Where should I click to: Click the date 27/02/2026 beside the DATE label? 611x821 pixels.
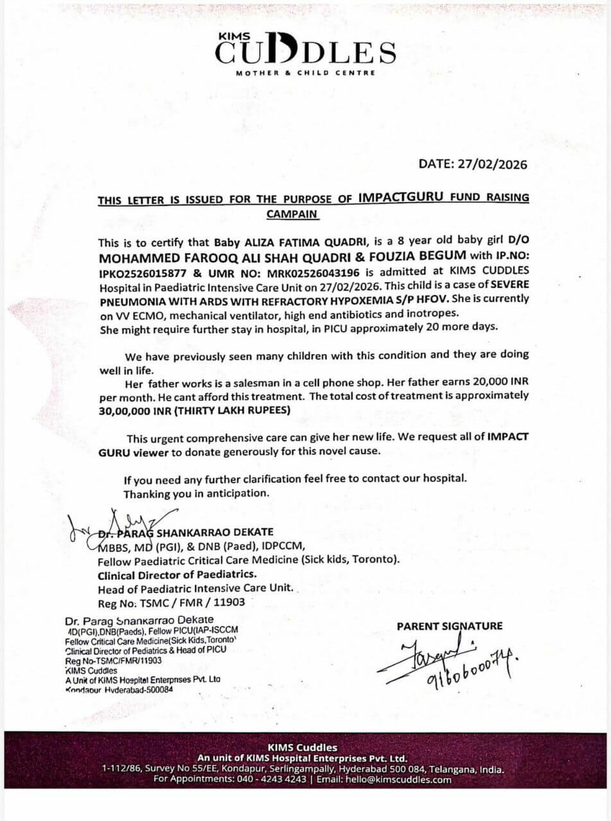click(x=492, y=164)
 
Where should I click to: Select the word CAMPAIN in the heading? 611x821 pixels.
click(x=293, y=214)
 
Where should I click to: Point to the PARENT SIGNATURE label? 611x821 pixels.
click(x=449, y=626)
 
